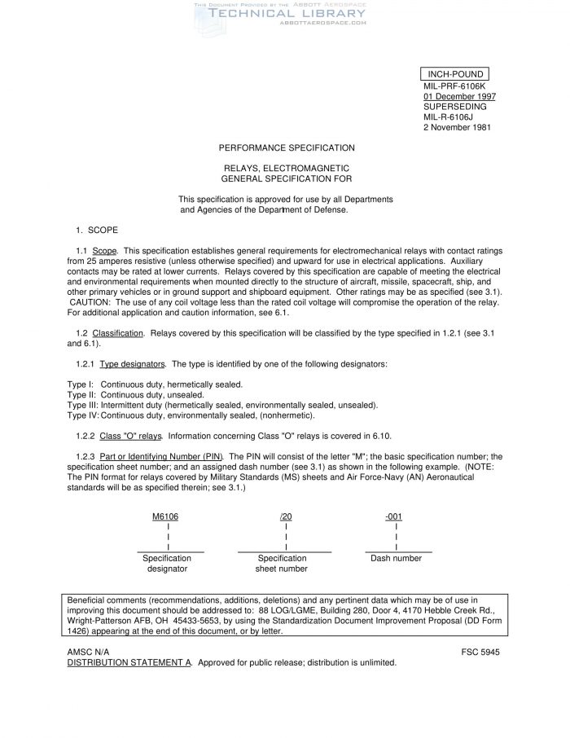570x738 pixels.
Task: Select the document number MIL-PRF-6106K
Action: [454, 86]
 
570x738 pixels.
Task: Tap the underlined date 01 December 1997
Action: [460, 96]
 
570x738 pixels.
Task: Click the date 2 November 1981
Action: [457, 127]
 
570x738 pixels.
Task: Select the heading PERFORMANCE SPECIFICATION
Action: [287, 147]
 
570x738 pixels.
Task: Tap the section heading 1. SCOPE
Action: [97, 231]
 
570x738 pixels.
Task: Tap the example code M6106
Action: [165, 516]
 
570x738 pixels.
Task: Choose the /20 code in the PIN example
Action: [286, 516]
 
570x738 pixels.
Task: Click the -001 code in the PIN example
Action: [394, 516]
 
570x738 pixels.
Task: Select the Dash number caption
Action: [396, 558]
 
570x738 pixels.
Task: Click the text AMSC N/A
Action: [87, 652]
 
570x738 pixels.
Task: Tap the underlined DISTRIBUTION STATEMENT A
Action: [129, 663]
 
